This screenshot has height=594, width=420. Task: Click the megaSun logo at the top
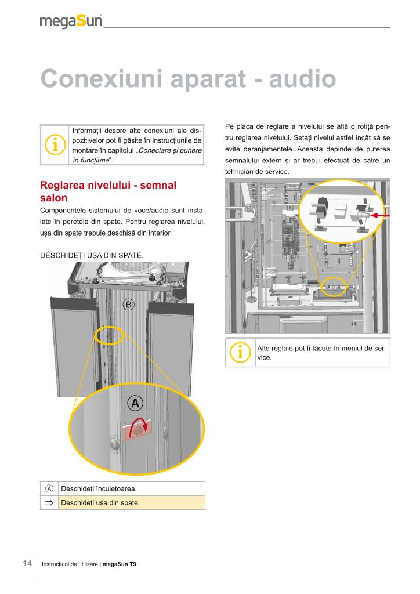click(x=71, y=21)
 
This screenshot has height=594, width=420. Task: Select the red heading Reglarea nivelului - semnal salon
click(x=108, y=191)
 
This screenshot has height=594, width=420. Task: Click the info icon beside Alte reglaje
click(x=240, y=352)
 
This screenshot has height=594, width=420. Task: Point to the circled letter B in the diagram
click(x=129, y=304)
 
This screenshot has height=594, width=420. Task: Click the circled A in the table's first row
click(x=49, y=488)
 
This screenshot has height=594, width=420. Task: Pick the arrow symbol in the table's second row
click(x=49, y=502)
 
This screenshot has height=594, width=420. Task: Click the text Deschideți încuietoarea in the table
click(x=99, y=488)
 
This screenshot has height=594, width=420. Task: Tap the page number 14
click(x=27, y=563)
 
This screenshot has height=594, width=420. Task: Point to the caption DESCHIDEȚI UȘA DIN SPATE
click(x=88, y=255)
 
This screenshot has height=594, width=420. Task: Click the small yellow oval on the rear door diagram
click(x=110, y=335)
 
